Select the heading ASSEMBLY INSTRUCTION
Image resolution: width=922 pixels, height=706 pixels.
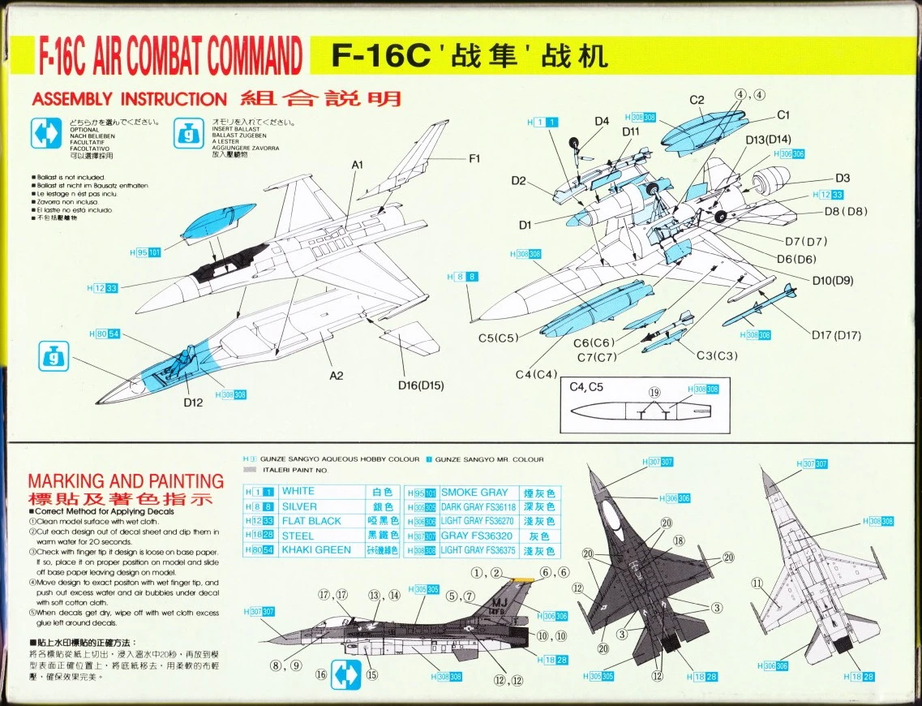click(129, 99)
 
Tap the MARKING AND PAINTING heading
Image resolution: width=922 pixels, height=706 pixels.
click(126, 481)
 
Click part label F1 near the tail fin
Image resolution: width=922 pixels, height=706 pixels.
click(474, 159)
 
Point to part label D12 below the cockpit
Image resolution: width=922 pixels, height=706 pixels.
click(193, 402)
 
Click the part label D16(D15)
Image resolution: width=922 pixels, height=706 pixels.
click(420, 385)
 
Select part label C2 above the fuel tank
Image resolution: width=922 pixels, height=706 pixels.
click(697, 100)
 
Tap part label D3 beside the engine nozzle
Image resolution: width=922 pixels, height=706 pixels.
click(843, 179)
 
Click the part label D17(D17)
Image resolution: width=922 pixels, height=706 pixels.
click(836, 335)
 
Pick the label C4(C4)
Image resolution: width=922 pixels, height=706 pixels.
click(536, 374)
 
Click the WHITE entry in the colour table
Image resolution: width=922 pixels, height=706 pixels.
click(298, 492)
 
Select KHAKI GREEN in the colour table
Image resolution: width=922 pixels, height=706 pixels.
click(315, 550)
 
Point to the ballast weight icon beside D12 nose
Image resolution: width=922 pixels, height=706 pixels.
click(51, 355)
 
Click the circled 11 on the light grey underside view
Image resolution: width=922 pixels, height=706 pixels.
click(757, 582)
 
